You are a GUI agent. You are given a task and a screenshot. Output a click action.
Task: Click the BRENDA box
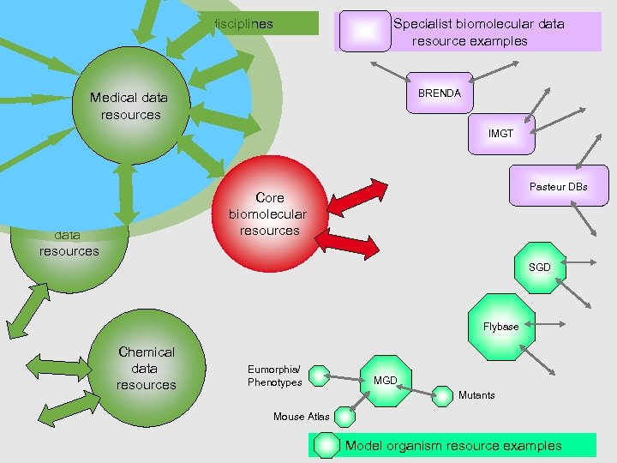point(440,93)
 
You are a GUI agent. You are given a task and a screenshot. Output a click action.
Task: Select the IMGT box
point(500,135)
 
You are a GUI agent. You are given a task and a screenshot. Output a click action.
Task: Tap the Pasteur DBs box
point(558,186)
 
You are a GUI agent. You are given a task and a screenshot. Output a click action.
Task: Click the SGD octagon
point(539,268)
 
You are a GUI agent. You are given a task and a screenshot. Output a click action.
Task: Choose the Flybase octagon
point(501,326)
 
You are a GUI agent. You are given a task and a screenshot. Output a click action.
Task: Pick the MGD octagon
point(386,379)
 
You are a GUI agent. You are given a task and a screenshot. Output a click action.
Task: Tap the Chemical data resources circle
point(146,369)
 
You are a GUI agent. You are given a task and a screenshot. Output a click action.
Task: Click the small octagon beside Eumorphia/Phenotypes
point(319,376)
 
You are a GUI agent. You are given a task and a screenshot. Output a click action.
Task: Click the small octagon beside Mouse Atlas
point(344,417)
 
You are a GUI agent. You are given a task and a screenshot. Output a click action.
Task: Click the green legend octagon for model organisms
point(326,445)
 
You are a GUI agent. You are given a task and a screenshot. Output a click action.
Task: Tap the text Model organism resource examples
point(453,446)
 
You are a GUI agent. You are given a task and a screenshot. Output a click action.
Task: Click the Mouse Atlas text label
point(301,417)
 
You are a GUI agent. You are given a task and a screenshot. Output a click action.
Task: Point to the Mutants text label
point(476,395)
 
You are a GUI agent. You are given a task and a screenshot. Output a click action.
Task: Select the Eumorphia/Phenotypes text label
point(274,376)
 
